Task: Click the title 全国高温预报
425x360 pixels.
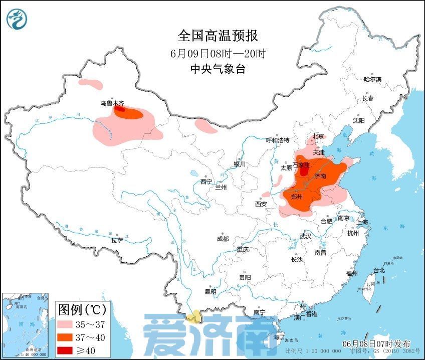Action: tap(218, 36)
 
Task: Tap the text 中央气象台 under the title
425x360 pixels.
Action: tap(218, 69)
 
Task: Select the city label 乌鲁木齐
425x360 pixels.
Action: tap(111, 103)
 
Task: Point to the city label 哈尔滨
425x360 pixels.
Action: tap(372, 79)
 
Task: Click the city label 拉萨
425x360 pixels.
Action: tap(117, 240)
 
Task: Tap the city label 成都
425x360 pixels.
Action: tap(223, 239)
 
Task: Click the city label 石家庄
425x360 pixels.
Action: tap(302, 165)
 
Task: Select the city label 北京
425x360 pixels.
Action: tap(319, 136)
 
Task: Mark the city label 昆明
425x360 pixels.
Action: tap(210, 291)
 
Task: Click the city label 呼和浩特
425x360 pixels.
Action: tap(277, 140)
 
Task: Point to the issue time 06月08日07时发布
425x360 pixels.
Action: tap(376, 343)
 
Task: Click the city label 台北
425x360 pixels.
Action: tap(379, 270)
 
